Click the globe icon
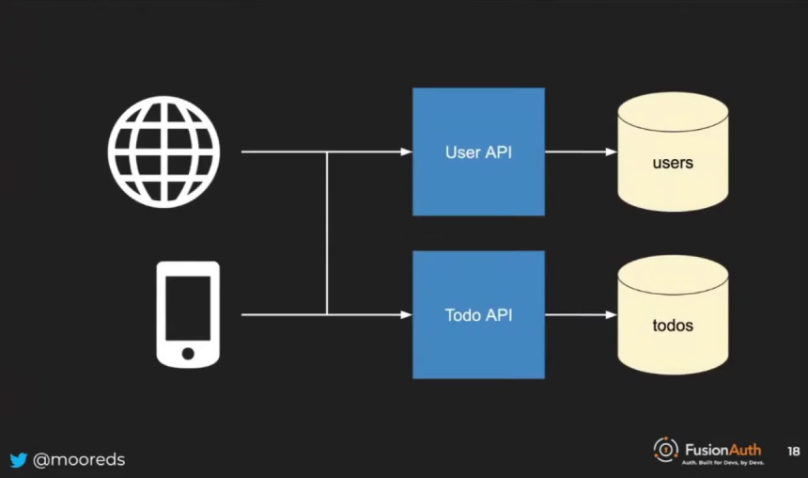pos(163,151)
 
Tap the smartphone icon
pos(188,314)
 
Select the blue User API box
pos(478,151)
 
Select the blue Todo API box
pos(478,314)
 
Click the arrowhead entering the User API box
pos(406,151)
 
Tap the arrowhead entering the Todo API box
pos(406,314)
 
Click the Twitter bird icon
pos(19,460)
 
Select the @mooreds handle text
pos(79,460)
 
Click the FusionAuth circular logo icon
pos(665,450)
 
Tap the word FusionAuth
pos(723,450)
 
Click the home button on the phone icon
pos(188,354)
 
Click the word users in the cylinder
pos(673,163)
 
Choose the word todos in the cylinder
pos(673,326)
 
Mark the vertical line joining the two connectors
pos(327,233)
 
